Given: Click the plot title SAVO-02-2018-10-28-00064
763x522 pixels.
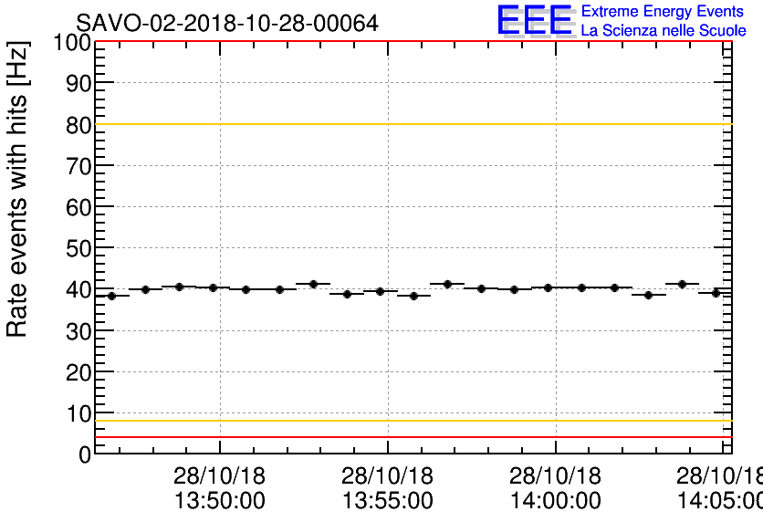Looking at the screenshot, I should click(x=226, y=23).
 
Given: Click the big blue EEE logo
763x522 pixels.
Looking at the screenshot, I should click(x=536, y=20).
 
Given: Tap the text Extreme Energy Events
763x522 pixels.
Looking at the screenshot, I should click(x=662, y=12).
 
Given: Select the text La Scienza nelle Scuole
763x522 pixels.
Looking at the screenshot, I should click(x=663, y=31).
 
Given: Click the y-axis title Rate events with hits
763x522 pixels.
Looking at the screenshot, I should click(x=18, y=189).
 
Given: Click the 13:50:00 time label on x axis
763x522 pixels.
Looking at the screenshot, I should click(x=220, y=500).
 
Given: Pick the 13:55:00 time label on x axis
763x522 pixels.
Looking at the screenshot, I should click(x=388, y=500).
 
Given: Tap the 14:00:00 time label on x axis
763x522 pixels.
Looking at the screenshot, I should click(x=556, y=500).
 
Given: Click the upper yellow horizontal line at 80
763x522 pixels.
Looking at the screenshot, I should click(x=411, y=124).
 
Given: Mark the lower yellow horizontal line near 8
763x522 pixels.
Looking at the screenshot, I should click(x=411, y=421).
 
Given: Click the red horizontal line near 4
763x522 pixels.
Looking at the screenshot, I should click(x=411, y=437).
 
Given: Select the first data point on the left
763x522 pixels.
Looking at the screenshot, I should click(x=111, y=296).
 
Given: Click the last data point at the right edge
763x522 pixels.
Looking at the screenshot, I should click(x=716, y=293).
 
